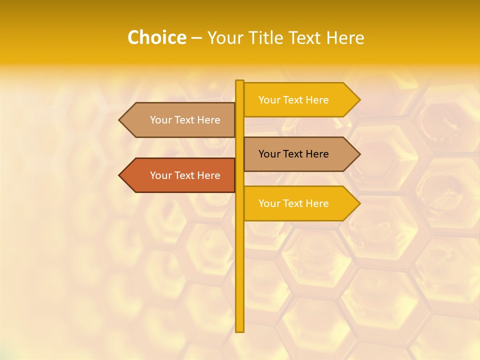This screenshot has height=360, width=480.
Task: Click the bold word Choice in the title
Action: click(156, 38)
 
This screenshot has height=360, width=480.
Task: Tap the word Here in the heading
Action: click(345, 38)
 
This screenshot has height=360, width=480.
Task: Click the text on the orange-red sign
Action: click(185, 175)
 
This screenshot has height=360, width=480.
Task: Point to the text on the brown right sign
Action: click(293, 154)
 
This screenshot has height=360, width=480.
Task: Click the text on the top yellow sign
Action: click(293, 100)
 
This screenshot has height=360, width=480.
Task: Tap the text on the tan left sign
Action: click(185, 120)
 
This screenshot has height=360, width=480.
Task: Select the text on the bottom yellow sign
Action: click(293, 203)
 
